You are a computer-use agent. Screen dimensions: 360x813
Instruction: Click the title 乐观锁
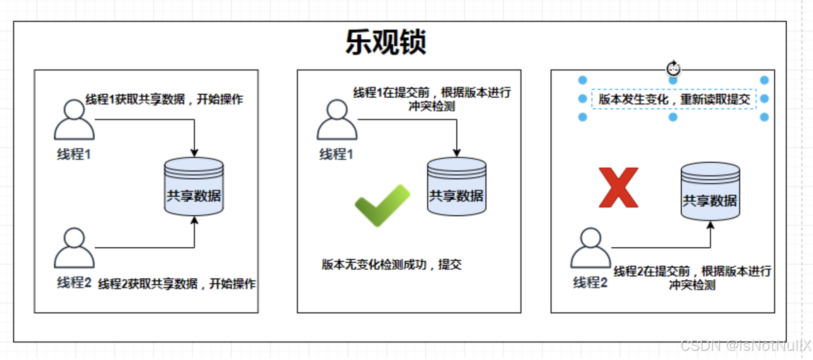(386, 42)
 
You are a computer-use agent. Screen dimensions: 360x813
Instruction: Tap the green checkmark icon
(382, 205)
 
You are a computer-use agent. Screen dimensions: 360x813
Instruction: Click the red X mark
(618, 188)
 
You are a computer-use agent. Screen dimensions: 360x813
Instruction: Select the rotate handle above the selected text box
(673, 69)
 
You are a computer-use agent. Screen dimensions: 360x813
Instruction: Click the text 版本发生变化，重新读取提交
(674, 99)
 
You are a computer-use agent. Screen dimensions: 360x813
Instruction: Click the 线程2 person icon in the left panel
(74, 248)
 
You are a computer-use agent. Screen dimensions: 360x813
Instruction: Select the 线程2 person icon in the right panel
(590, 248)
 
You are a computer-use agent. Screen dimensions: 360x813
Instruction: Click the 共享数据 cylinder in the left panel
(194, 187)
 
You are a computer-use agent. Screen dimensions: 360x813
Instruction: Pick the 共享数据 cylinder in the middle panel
(456, 187)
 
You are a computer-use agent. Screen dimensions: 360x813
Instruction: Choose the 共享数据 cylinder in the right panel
(710, 191)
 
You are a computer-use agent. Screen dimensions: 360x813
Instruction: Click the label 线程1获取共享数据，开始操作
(164, 99)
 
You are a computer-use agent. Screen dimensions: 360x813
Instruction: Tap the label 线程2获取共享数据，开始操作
(177, 284)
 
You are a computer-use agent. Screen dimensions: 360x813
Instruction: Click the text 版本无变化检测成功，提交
(392, 264)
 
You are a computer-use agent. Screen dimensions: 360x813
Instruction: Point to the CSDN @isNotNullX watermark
(745, 345)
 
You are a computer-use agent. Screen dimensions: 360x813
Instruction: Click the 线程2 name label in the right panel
(590, 282)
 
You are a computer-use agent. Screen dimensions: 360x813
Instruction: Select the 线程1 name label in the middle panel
(336, 154)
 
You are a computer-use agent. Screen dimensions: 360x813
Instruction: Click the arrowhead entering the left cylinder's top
(194, 153)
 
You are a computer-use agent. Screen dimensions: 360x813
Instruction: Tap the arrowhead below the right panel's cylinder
(710, 225)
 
